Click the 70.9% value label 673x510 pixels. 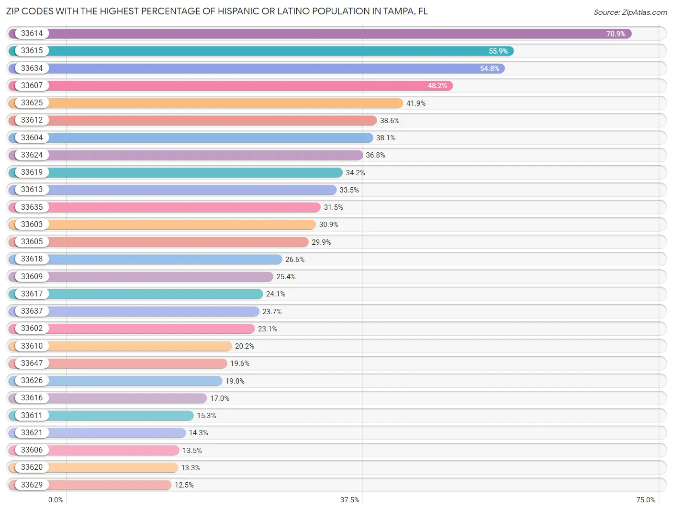pyautogui.click(x=616, y=34)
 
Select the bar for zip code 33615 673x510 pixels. pyautogui.click(x=261, y=51)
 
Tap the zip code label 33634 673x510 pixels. pyautogui.click(x=32, y=68)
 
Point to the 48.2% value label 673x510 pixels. pyautogui.click(x=437, y=86)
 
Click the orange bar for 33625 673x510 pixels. pyautogui.click(x=205, y=103)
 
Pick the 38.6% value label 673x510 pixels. pyautogui.click(x=389, y=121)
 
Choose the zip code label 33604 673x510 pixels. pyautogui.click(x=32, y=137)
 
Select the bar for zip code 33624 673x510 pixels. pyautogui.click(x=186, y=155)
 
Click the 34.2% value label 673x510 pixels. pyautogui.click(x=355, y=173)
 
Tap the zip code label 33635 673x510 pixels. pyautogui.click(x=32, y=207)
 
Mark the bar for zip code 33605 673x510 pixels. pyautogui.click(x=158, y=242)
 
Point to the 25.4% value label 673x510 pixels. pyautogui.click(x=286, y=277)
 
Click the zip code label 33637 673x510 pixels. pyautogui.click(x=32, y=311)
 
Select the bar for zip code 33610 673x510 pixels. pyautogui.click(x=120, y=346)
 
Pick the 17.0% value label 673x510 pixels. pyautogui.click(x=220, y=398)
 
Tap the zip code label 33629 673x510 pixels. pyautogui.click(x=32, y=485)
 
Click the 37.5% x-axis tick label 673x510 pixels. pyautogui.click(x=349, y=500)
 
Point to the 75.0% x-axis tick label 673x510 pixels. pyautogui.click(x=645, y=500)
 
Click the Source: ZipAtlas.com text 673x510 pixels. pyautogui.click(x=630, y=12)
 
